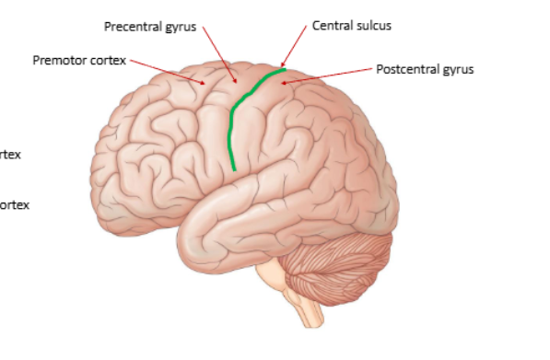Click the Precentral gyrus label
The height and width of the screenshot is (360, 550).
pos(149,27)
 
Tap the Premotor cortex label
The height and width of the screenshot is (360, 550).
pos(78,61)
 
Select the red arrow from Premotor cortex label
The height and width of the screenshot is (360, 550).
pos(167,71)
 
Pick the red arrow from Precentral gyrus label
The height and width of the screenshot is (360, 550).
pos(222,54)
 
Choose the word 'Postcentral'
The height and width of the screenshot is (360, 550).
pos(408,69)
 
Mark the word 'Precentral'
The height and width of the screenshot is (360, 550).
pos(132,27)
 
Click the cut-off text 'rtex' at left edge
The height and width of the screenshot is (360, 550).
pos(10,155)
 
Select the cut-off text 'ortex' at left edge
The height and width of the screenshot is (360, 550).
pos(14,204)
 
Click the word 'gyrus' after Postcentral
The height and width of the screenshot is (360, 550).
pos(456,70)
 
